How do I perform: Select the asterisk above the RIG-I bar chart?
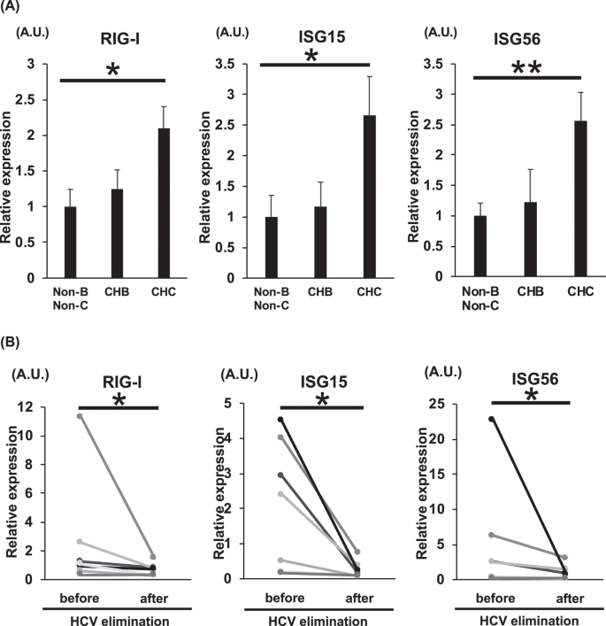tap(112, 70)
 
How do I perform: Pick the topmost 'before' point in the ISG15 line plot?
tap(280, 419)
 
